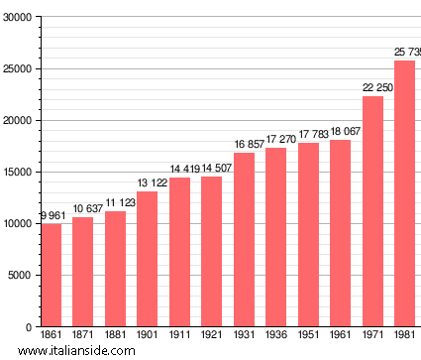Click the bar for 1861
(51, 275)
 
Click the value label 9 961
(51, 216)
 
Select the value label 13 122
(147, 183)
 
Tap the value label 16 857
(244, 145)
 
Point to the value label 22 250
(372, 88)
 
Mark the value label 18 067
(340, 132)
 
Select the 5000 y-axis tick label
(19, 276)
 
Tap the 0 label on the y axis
(27, 327)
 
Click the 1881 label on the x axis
(115, 336)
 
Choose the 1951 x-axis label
(308, 336)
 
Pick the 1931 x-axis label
(244, 336)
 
